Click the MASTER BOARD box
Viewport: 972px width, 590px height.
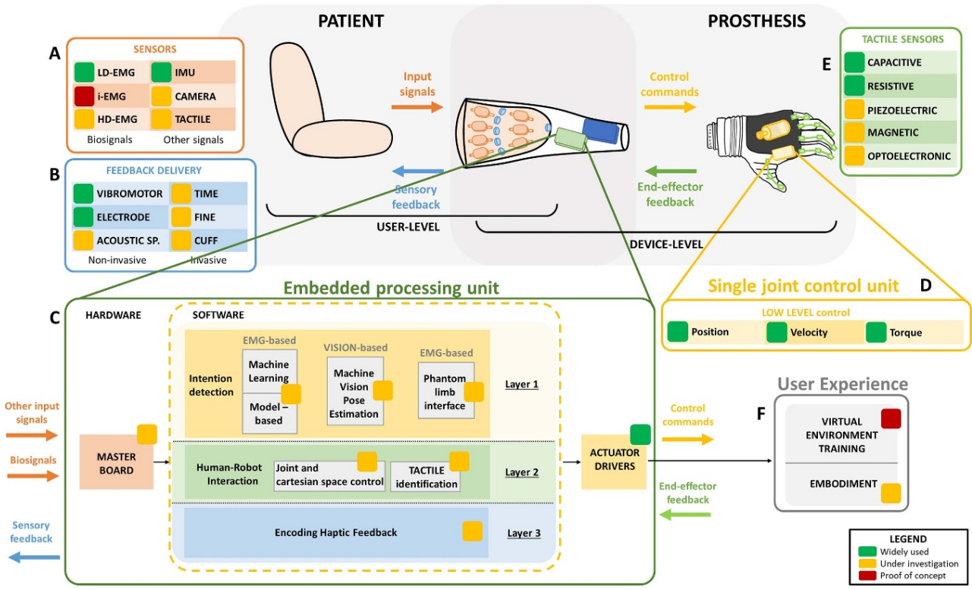tap(116, 460)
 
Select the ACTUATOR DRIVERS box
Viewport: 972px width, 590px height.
tap(615, 460)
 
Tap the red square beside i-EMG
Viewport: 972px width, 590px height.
tap(85, 96)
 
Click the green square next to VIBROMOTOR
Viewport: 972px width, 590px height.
tap(83, 194)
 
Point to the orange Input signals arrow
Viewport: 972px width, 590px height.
tap(417, 106)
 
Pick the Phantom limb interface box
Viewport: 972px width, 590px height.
tap(445, 390)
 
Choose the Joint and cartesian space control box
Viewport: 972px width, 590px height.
tap(329, 476)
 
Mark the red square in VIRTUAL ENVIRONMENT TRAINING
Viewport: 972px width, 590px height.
tap(891, 418)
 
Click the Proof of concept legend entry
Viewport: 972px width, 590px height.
tap(913, 576)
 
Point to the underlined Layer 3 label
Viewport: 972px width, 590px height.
tap(524, 533)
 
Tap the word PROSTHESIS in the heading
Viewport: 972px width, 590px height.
tap(757, 21)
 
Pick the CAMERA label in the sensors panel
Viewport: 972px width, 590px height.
tap(195, 96)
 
